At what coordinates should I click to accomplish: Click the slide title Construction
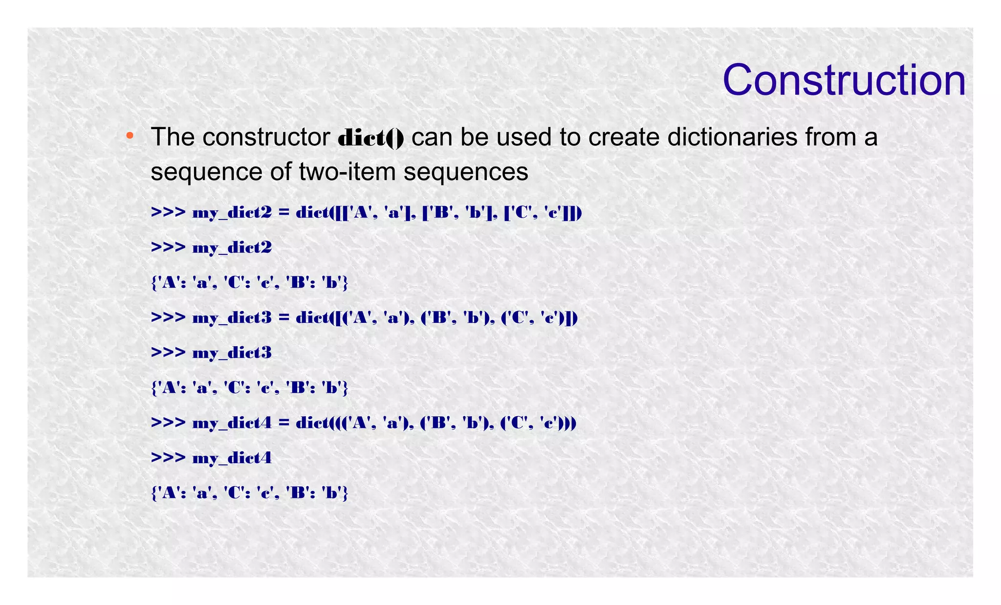[x=844, y=80]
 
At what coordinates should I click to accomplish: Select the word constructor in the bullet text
[x=266, y=137]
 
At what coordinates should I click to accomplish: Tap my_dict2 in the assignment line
[x=232, y=213]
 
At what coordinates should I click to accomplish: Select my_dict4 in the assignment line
[x=232, y=423]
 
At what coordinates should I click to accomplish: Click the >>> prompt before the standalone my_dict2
[x=168, y=247]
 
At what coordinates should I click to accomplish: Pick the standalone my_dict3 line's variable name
[x=232, y=353]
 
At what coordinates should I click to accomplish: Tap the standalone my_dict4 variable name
[x=232, y=458]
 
